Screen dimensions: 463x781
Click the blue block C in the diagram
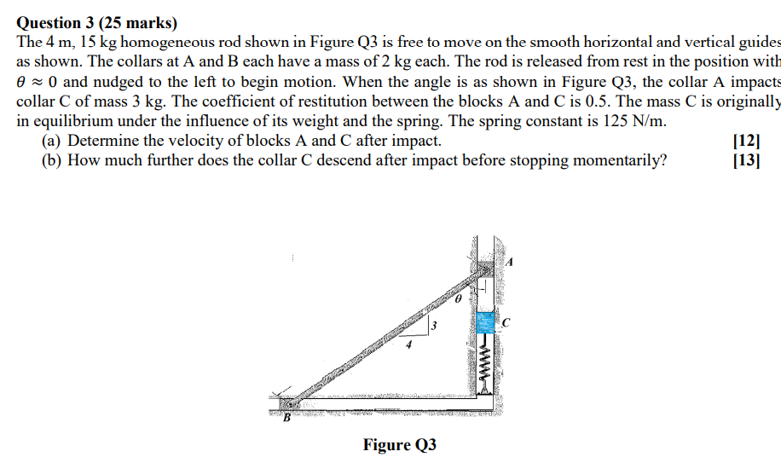pos(485,322)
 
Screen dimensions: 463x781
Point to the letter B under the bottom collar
pos(286,418)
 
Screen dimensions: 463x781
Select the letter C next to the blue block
pos(506,322)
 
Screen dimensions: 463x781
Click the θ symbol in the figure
pos(457,300)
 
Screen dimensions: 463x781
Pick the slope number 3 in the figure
pos(433,326)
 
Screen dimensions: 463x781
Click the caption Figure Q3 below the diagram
pos(399,444)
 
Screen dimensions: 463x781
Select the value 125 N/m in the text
pos(627,121)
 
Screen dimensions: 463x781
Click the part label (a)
pos(52,141)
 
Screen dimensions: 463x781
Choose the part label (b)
pos(53,160)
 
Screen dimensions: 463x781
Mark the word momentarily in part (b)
pos(614,160)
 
